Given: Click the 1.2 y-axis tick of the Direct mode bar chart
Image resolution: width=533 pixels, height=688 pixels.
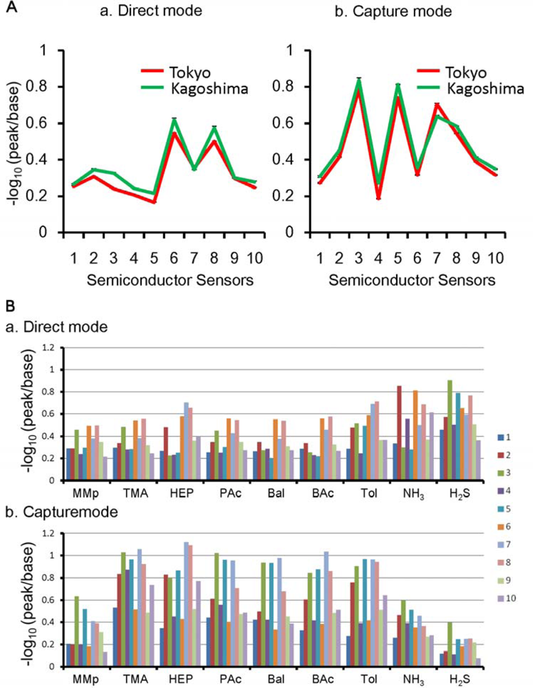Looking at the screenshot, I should pyautogui.click(x=48, y=347).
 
